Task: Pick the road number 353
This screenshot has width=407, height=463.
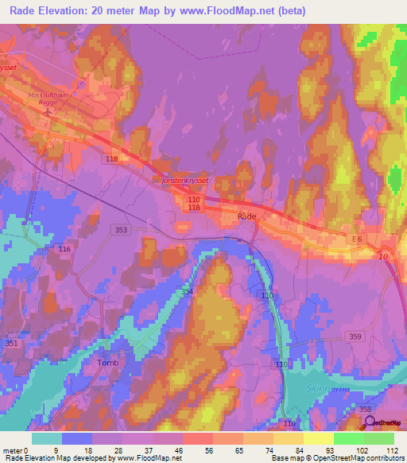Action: tap(121, 230)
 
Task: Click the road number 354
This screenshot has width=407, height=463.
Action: tap(186, 293)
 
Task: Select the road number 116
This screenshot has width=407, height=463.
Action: tap(64, 250)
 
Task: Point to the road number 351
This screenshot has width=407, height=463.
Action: tap(12, 343)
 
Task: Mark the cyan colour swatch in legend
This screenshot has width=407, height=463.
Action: tap(47, 438)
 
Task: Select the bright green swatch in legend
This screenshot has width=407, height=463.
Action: tap(348, 438)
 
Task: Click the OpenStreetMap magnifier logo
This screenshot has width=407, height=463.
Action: tap(370, 422)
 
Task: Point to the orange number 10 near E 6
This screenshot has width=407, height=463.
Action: tap(383, 256)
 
